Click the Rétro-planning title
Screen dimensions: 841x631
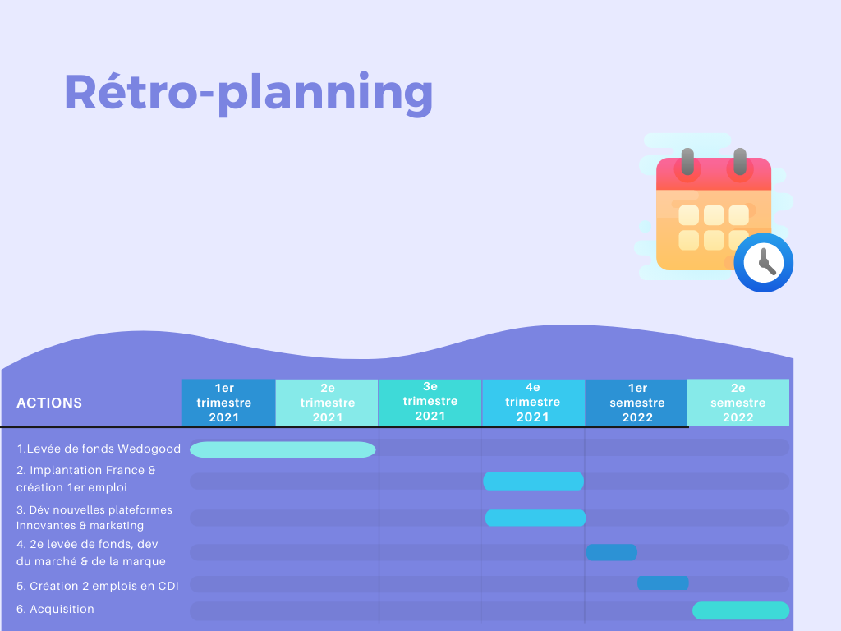pyautogui.click(x=248, y=94)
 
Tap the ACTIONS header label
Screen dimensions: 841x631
pyautogui.click(x=49, y=403)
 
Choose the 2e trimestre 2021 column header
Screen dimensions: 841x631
pyautogui.click(x=327, y=403)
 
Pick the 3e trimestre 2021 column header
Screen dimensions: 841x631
pyautogui.click(x=430, y=402)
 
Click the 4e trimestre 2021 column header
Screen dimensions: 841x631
pyautogui.click(x=533, y=402)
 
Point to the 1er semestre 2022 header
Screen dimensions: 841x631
pyautogui.click(x=636, y=403)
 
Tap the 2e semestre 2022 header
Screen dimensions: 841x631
pyautogui.click(x=738, y=403)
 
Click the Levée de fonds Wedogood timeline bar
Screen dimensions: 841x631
pyautogui.click(x=283, y=449)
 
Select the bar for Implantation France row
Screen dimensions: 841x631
pyautogui.click(x=533, y=481)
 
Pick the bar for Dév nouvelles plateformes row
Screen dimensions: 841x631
pyautogui.click(x=535, y=518)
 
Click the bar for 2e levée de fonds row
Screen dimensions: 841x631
pyautogui.click(x=611, y=552)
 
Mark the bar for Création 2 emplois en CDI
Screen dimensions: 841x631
pyautogui.click(x=663, y=583)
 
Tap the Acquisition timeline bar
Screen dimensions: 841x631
pyautogui.click(x=741, y=610)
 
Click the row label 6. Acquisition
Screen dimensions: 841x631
pyautogui.click(x=55, y=609)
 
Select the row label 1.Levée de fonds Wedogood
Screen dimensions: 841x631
pyautogui.click(x=99, y=449)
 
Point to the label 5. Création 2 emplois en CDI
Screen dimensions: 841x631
pyautogui.click(x=98, y=586)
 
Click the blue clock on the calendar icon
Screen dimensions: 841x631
pyautogui.click(x=763, y=263)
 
